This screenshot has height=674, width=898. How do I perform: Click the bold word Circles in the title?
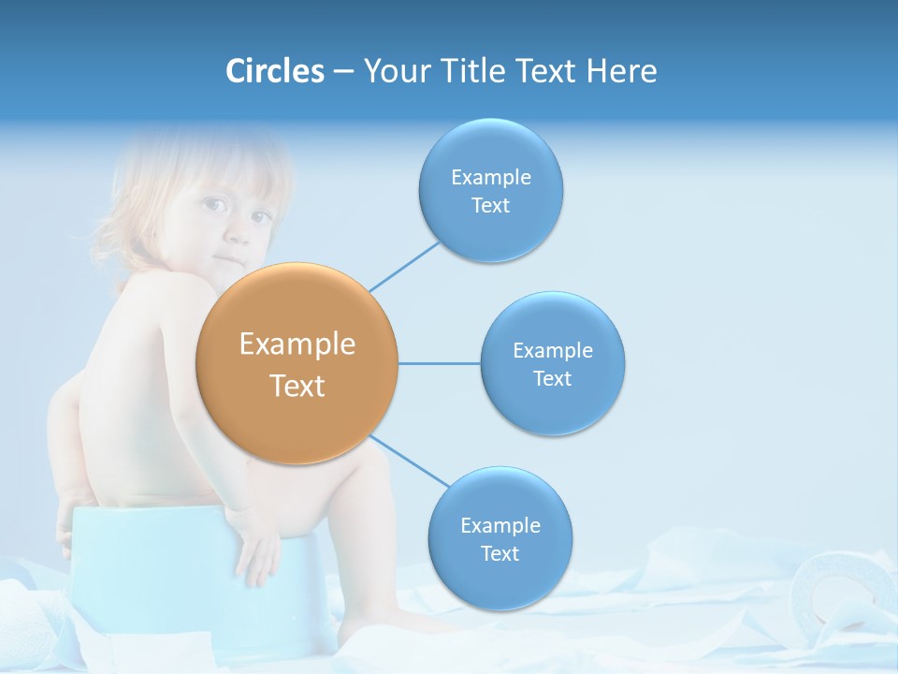click(274, 71)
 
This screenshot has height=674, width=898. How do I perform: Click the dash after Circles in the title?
click(343, 72)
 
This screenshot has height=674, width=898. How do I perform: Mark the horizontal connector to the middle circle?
click(439, 363)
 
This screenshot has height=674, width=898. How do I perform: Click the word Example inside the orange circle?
click(297, 344)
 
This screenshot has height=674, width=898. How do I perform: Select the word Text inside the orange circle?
click(297, 386)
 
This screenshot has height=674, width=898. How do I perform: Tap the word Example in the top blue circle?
click(491, 178)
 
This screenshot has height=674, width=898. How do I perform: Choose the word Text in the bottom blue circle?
click(500, 553)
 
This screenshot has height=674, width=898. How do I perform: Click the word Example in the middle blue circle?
click(553, 351)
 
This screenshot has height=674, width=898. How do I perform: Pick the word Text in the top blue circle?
click(491, 206)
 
